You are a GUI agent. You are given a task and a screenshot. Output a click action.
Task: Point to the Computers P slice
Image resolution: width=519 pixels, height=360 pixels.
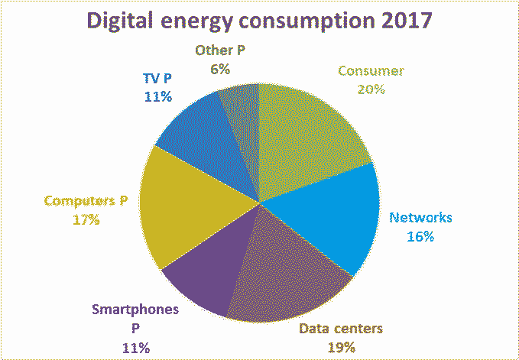[x=187, y=206]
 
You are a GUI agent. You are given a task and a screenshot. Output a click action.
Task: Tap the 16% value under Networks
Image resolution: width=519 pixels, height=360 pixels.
[x=420, y=237]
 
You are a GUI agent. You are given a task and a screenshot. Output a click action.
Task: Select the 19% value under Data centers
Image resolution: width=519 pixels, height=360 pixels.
[x=340, y=347]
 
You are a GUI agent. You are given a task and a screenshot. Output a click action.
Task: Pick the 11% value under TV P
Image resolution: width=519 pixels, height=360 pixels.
[x=157, y=96]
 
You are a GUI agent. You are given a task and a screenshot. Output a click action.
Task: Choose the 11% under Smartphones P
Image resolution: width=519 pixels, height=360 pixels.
[x=135, y=347]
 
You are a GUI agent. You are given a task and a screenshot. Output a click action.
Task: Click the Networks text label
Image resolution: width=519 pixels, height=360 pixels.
[x=421, y=218]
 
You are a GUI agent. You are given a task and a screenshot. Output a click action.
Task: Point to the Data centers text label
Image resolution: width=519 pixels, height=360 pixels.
[x=341, y=329]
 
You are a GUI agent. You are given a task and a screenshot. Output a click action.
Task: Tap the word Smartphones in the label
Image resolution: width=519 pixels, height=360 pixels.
[x=135, y=310]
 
